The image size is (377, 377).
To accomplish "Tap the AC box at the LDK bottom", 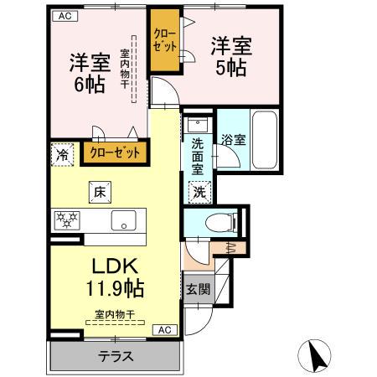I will click(x=165, y=330).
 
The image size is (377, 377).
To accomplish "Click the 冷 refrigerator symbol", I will click(x=63, y=154).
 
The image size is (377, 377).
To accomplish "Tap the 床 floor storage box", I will click(x=98, y=193).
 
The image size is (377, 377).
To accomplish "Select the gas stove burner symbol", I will click(x=66, y=221).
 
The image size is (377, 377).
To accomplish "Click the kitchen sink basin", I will click(x=123, y=223).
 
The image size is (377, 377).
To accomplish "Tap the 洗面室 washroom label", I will click(x=198, y=156).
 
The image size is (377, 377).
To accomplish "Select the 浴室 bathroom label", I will click(x=234, y=140).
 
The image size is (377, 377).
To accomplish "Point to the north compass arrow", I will click(x=318, y=355).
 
